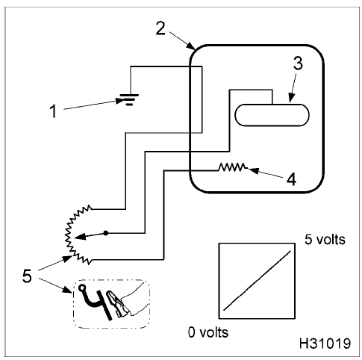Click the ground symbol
pyautogui.click(x=129, y=100)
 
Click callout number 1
pyautogui.click(x=53, y=111)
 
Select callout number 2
pyautogui.click(x=160, y=28)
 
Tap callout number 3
pyautogui.click(x=298, y=63)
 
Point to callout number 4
pyautogui.click(x=291, y=179)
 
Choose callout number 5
pyautogui.click(x=27, y=276)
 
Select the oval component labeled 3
pyautogui.click(x=272, y=115)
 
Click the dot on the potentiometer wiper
pyautogui.click(x=106, y=233)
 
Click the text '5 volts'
pyautogui.click(x=325, y=240)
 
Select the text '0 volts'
pyautogui.click(x=208, y=332)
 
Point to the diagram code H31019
pyautogui.click(x=325, y=344)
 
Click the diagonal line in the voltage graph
pyautogui.click(x=257, y=280)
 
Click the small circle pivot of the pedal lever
pyautogui.click(x=81, y=288)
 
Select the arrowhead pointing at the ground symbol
pyautogui.click(x=120, y=101)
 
